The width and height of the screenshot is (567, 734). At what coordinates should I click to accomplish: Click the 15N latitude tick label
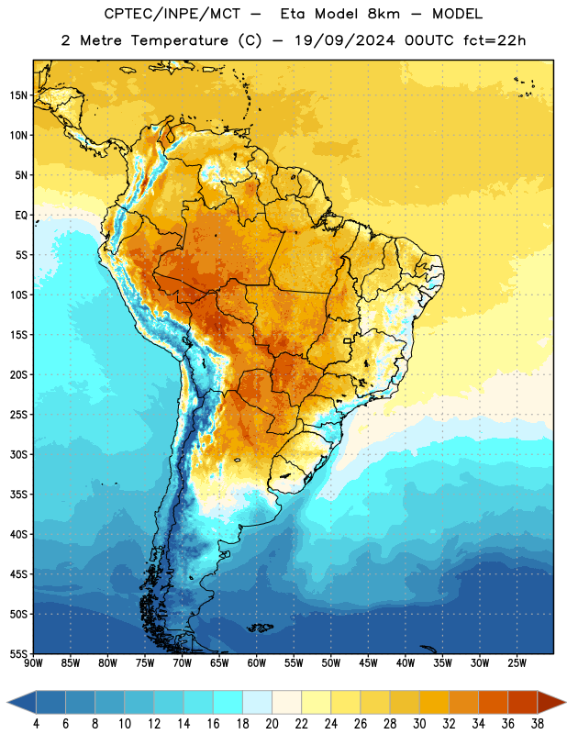[18, 95]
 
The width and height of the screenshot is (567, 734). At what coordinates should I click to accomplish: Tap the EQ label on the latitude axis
[21, 216]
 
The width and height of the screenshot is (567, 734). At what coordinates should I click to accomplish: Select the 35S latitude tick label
[18, 495]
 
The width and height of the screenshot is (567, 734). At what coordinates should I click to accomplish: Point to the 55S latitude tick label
[18, 654]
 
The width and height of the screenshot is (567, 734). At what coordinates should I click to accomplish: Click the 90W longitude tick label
[33, 663]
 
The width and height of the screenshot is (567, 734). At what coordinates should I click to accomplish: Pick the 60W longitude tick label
[257, 663]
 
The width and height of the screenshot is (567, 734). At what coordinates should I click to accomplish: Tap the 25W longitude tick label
[517, 663]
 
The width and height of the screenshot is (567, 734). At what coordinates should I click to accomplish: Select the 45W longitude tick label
[369, 663]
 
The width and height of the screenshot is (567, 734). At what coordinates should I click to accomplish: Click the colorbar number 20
[272, 724]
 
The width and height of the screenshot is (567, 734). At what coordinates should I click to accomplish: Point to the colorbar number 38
[538, 724]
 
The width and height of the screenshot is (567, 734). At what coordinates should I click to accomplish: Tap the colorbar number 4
[36, 724]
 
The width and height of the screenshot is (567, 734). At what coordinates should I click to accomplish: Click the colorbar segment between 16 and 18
[228, 702]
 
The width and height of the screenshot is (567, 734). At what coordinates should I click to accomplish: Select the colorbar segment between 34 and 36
[494, 702]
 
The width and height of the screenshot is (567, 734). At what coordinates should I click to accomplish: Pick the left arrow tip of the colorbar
[7, 702]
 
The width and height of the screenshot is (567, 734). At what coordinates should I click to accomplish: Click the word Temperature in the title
[179, 40]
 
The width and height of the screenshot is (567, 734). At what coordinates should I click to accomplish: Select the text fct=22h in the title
[495, 40]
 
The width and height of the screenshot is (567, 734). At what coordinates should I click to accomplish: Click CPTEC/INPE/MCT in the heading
[172, 14]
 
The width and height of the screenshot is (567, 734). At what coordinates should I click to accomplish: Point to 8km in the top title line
[384, 14]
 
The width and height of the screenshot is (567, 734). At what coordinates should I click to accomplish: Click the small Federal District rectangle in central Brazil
[348, 340]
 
